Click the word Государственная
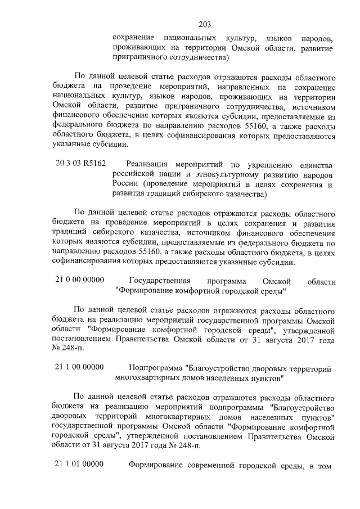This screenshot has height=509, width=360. pyautogui.click(x=160, y=281)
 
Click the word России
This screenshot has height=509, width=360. pyautogui.click(x=125, y=185)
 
